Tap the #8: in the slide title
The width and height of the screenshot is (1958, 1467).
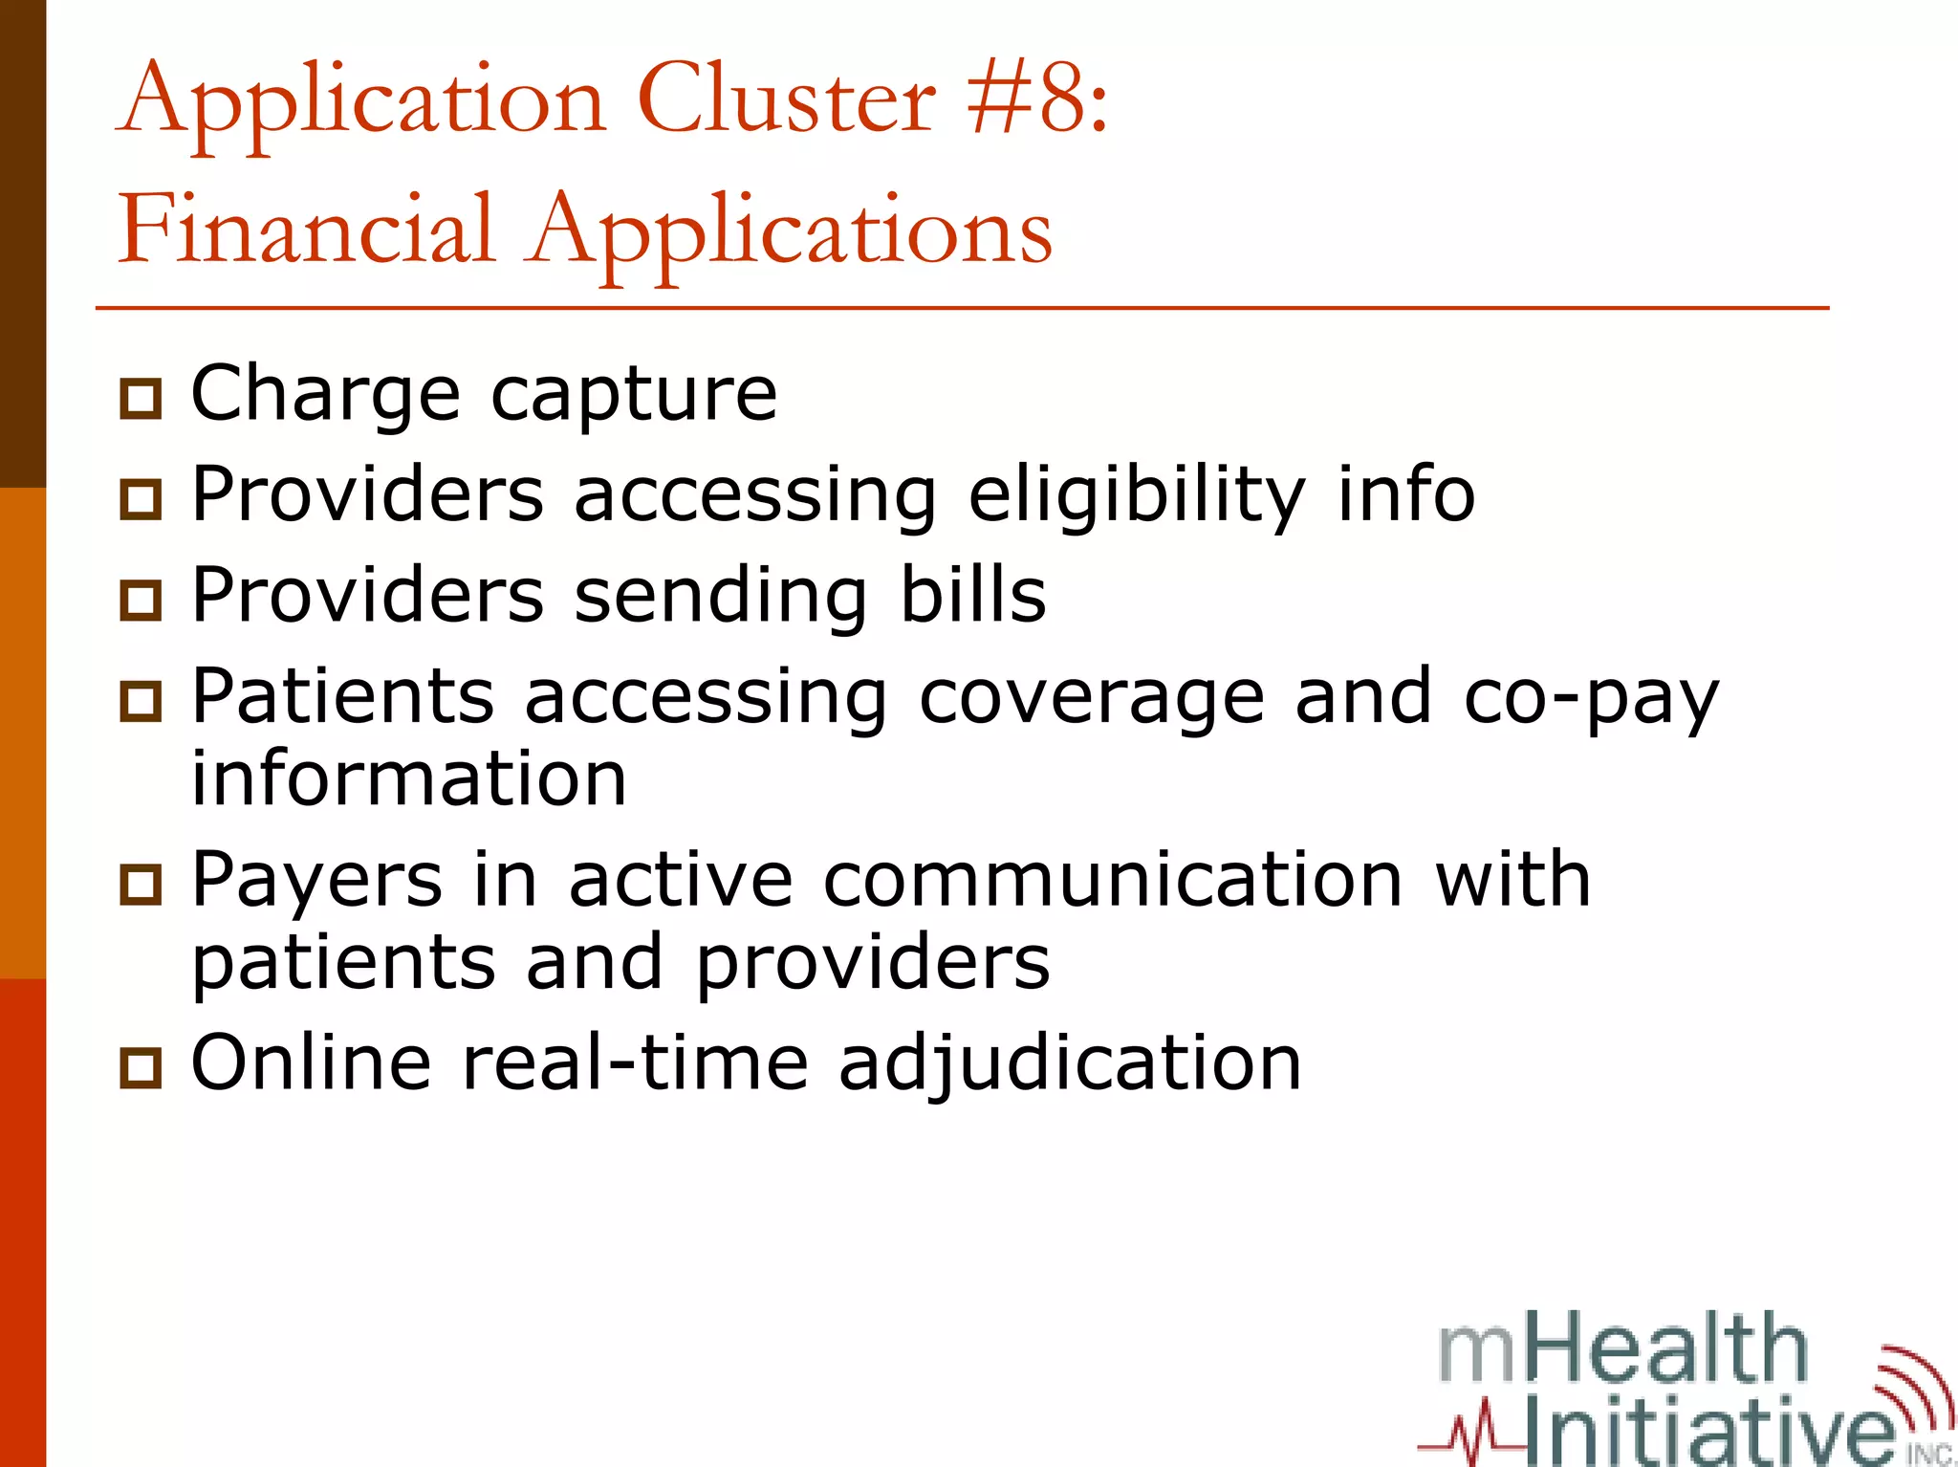click(1037, 99)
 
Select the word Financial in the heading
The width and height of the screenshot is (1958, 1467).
click(306, 230)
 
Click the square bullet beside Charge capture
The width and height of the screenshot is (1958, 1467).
click(141, 398)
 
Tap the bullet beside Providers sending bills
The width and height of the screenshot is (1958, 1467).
click(141, 600)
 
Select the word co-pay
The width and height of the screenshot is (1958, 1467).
click(1591, 698)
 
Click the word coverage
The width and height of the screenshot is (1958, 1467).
click(1092, 698)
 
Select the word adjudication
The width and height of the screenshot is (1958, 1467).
click(1070, 1063)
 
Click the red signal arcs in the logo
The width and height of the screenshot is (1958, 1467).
click(1917, 1387)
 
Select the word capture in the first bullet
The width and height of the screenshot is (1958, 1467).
click(634, 394)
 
